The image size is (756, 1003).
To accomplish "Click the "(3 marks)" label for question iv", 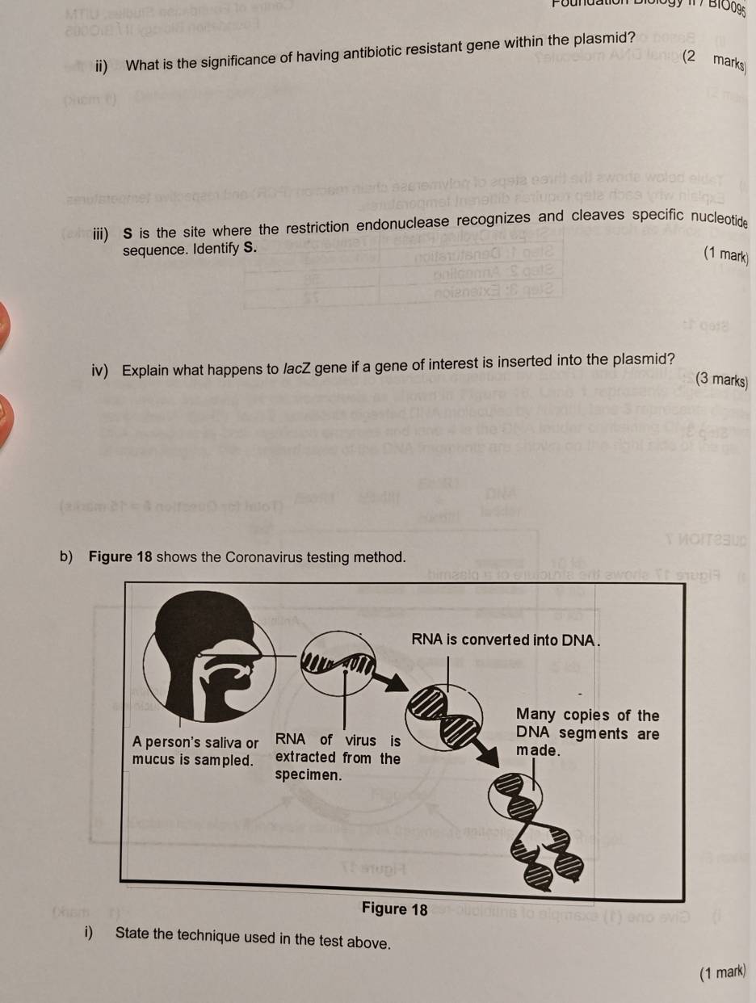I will point(721,380).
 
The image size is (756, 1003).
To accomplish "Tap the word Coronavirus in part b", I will point(273,557).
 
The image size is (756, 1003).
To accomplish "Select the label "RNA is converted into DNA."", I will point(507,640).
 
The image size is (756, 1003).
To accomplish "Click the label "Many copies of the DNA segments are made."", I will point(587,733).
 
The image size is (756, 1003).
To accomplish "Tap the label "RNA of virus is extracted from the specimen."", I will point(338,757).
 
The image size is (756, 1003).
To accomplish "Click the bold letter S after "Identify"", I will point(249,251).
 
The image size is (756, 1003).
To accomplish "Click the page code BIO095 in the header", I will point(731,10).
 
